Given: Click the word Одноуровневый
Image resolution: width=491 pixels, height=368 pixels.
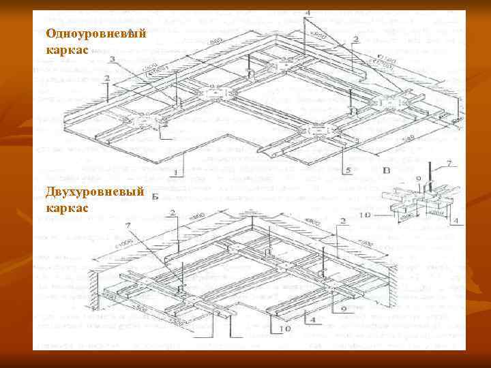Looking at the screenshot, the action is click(95, 33).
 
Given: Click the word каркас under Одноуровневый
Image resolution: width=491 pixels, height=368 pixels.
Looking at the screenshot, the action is click(66, 50).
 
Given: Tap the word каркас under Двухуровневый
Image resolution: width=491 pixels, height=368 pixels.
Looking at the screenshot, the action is click(66, 207).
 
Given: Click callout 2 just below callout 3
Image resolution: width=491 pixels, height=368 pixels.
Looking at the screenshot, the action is click(107, 79).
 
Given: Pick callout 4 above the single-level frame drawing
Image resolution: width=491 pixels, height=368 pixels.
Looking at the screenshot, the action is click(308, 14).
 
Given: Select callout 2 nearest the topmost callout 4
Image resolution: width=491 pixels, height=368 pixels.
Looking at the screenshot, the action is click(356, 39).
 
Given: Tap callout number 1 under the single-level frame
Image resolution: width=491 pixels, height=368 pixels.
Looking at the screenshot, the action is click(175, 172).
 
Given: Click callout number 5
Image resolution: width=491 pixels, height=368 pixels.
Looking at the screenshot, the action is click(348, 169).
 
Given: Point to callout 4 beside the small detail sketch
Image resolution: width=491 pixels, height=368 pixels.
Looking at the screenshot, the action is click(454, 220).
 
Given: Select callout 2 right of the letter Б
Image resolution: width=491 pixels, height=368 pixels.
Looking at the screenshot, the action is click(173, 213).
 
